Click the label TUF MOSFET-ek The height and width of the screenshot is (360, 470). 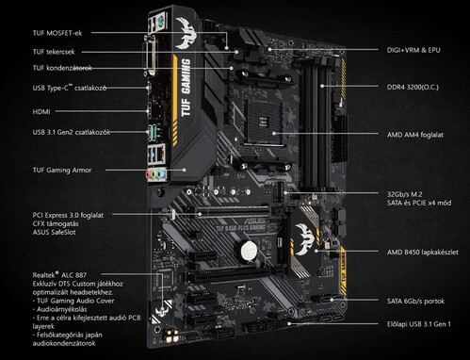57,33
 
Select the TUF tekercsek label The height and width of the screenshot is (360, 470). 54,52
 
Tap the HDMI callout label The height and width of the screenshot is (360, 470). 41,111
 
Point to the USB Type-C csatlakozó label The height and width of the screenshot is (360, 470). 70,88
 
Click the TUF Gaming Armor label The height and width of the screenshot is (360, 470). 62,171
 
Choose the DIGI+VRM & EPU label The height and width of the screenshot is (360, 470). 413,50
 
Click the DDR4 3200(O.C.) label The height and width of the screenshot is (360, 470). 413,87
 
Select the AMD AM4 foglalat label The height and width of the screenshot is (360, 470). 415,135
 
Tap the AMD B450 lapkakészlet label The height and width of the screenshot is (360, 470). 422,253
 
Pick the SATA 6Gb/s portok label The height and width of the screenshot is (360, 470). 415,302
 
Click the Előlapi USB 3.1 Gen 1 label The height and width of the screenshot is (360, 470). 418,324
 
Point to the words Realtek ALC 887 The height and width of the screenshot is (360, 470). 59,275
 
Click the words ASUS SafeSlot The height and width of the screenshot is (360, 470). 54,233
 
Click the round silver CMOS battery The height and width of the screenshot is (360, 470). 250,251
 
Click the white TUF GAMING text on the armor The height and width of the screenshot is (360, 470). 186,88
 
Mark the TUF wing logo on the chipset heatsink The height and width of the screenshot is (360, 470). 304,238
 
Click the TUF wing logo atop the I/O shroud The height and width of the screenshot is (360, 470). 187,33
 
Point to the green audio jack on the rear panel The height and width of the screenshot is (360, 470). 154,175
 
